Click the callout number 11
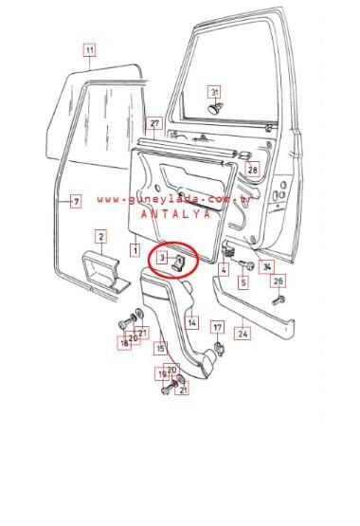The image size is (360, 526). point(89,49)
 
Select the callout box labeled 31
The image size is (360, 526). point(215,92)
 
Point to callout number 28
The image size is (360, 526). point(253,170)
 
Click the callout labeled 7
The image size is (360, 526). point(77,202)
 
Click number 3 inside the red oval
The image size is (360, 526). point(162,257)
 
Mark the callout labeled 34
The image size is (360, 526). point(267,266)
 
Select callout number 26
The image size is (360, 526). point(278,281)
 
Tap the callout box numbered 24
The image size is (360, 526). point(243,333)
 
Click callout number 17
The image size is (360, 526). point(217,329)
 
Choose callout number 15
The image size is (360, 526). point(161,349)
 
